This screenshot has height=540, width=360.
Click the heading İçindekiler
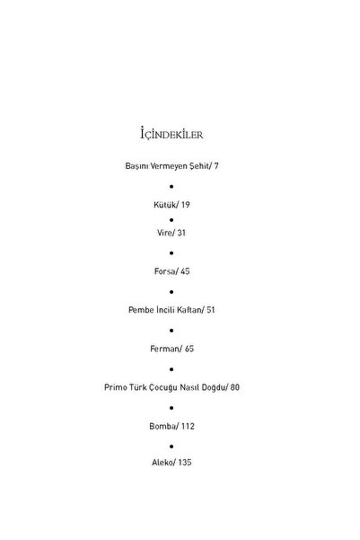(171, 134)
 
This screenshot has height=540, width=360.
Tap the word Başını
(136, 166)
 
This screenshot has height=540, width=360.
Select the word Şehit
(199, 166)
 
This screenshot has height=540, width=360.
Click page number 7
(216, 166)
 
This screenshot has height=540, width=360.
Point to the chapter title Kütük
(165, 205)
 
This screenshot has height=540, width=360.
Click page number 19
(186, 205)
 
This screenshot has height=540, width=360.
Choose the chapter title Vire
(164, 233)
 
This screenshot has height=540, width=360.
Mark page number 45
(185, 271)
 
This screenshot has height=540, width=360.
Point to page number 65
(189, 349)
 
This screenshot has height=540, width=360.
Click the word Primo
(116, 387)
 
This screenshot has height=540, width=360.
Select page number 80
(234, 387)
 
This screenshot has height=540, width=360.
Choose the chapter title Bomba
(162, 427)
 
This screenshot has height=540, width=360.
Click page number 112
(188, 427)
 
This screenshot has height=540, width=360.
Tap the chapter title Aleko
(162, 462)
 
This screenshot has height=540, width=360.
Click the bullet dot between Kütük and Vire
(171, 220)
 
